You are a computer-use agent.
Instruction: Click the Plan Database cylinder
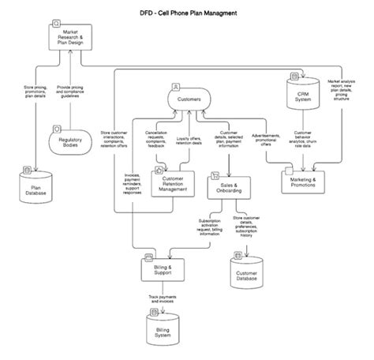33,186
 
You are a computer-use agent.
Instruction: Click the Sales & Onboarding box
229,186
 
